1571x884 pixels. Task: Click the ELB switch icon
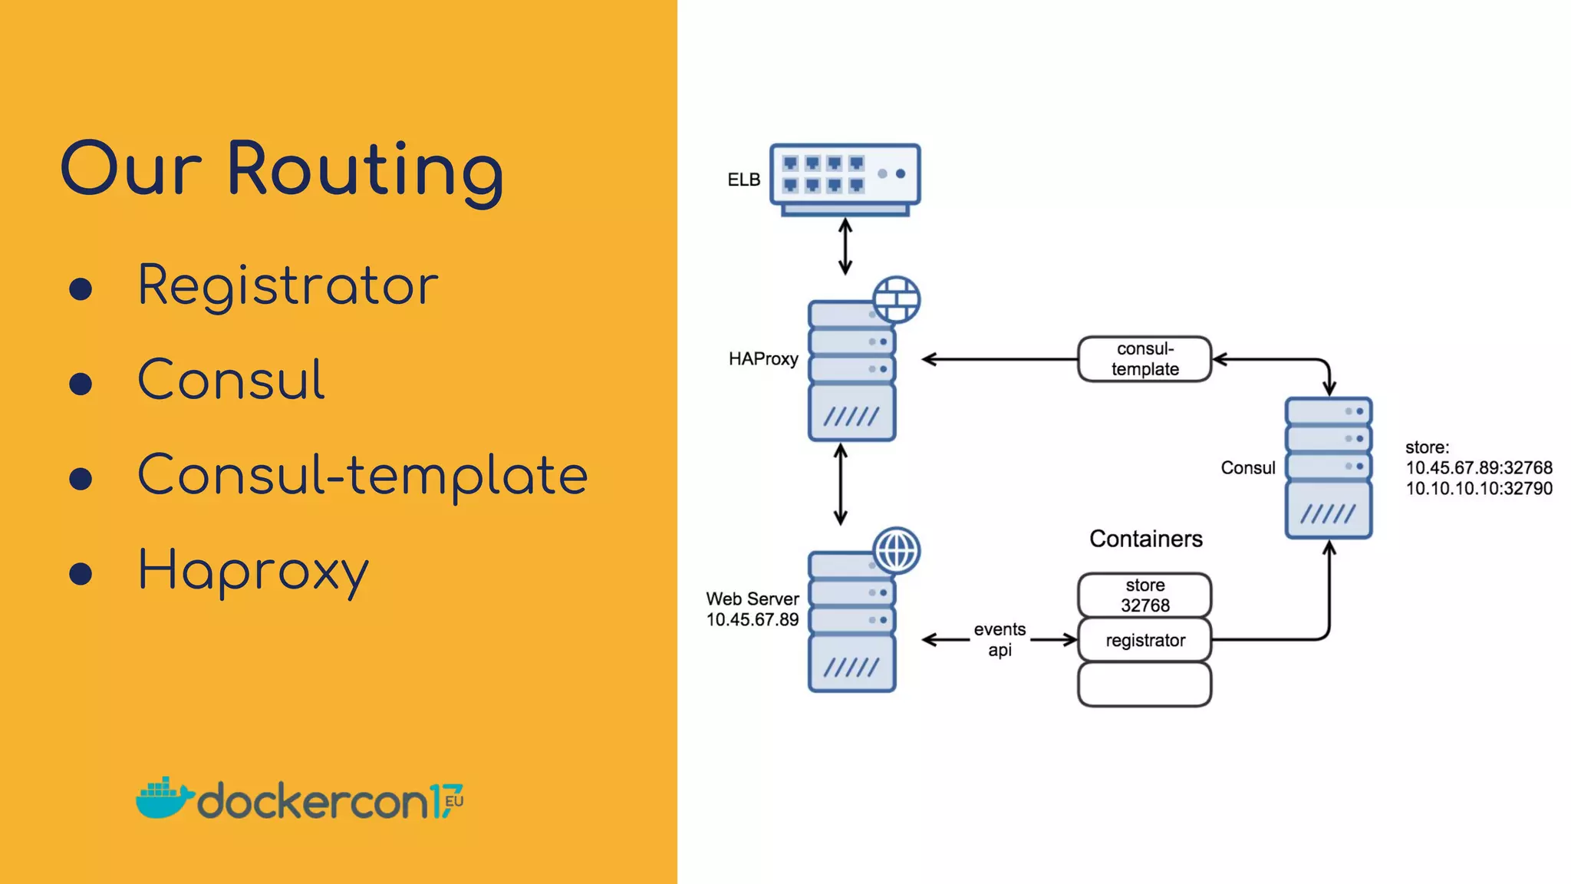click(x=845, y=179)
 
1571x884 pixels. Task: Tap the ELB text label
click(x=743, y=180)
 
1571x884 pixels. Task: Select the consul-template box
click(x=1144, y=359)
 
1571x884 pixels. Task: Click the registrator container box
click(x=1144, y=640)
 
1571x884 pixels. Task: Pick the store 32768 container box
click(x=1144, y=595)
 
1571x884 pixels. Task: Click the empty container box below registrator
click(x=1144, y=684)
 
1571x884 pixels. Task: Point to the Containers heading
click(x=1145, y=539)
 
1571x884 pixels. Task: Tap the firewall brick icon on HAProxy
click(x=896, y=299)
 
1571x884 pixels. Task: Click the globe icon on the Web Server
click(x=896, y=550)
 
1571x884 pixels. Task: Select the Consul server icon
click(x=1329, y=468)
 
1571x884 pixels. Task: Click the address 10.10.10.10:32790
click(x=1478, y=489)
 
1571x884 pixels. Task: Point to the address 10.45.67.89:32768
click(x=1478, y=468)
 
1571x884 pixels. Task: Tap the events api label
click(x=1000, y=639)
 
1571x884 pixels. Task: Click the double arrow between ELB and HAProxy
click(x=845, y=246)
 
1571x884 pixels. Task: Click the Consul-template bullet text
click(x=362, y=475)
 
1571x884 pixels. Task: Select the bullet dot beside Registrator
click(x=81, y=289)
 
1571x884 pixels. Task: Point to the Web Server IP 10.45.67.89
click(x=752, y=620)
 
